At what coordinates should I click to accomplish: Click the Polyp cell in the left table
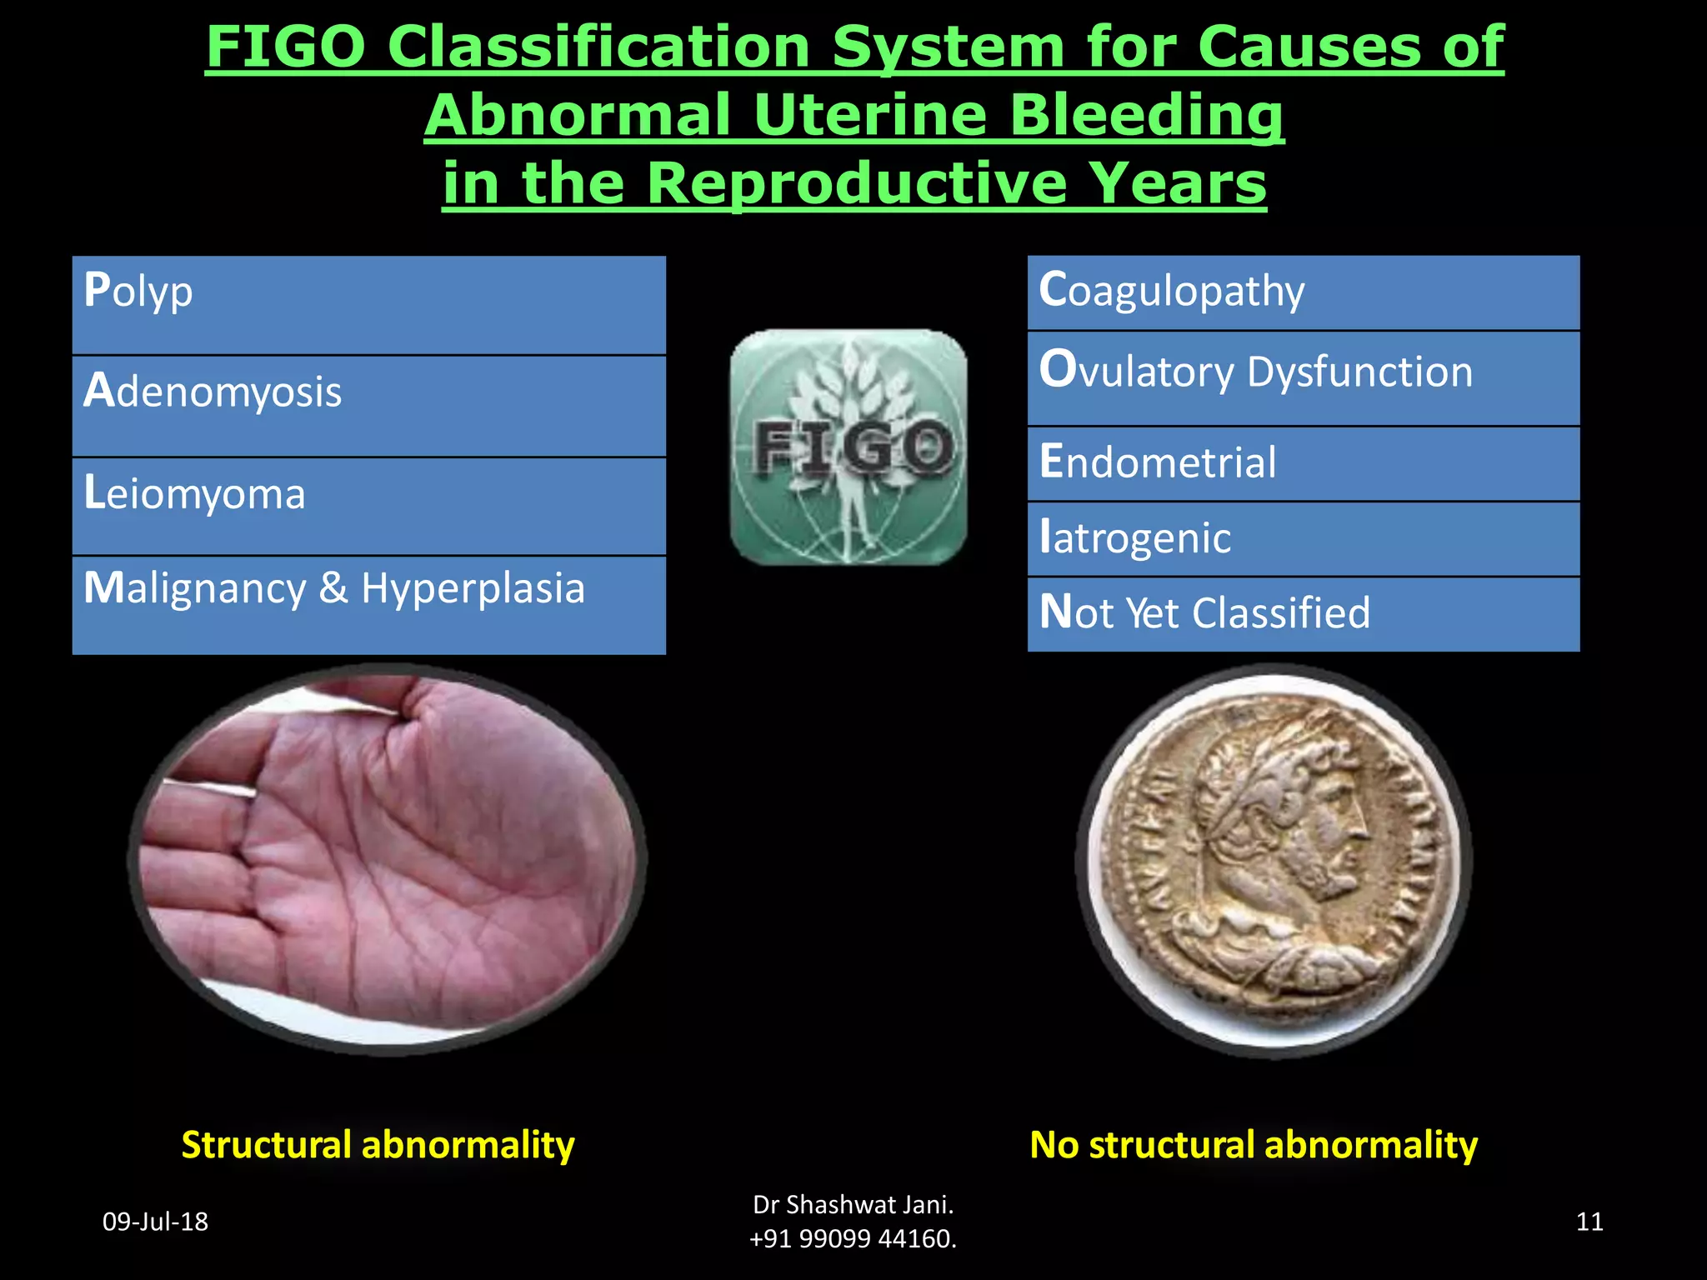click(x=368, y=305)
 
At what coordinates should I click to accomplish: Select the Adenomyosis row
click(x=368, y=406)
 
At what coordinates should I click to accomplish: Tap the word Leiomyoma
click(x=195, y=494)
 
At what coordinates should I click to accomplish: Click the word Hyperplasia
click(x=473, y=588)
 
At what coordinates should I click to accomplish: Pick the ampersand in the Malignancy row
click(x=333, y=588)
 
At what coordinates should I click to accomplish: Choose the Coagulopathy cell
click(x=1303, y=292)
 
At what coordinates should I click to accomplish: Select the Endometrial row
click(x=1303, y=463)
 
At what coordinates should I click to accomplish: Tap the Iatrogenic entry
click(x=1303, y=538)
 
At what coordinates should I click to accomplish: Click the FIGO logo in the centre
click(x=848, y=447)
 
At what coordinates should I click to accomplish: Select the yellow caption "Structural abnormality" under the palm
click(x=378, y=1144)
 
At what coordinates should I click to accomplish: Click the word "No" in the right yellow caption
click(x=1054, y=1144)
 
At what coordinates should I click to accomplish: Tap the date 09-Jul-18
click(x=155, y=1222)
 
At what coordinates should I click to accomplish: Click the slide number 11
click(x=1589, y=1222)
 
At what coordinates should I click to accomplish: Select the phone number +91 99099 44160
click(x=853, y=1239)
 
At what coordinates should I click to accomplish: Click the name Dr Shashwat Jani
click(x=853, y=1204)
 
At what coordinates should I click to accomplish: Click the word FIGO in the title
click(x=285, y=47)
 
